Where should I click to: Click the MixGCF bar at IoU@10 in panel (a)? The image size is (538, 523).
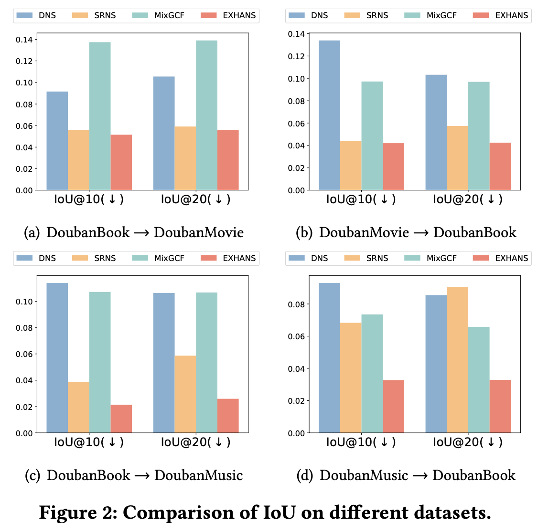coord(100,116)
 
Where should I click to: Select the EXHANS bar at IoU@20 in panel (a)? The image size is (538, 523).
coord(228,160)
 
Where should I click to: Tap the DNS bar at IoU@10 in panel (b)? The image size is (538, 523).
coord(329,115)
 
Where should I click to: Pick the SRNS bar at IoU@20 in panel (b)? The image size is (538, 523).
coord(457,158)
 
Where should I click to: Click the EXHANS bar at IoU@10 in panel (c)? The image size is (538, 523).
coord(121,419)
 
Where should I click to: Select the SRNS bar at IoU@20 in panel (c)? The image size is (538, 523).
coord(185,394)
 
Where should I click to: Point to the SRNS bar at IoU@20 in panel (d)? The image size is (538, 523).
coord(457,360)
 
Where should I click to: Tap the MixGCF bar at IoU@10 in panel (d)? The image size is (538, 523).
coord(372,374)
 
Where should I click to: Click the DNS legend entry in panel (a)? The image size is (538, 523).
coord(36,15)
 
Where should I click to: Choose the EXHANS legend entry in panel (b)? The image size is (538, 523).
coord(500,15)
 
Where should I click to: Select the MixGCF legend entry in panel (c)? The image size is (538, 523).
coord(158,258)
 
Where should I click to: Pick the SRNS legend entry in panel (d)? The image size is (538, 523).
coord(366,258)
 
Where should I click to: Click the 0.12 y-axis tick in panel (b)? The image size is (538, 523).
coord(296,56)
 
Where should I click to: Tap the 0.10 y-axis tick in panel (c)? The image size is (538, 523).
coord(24,302)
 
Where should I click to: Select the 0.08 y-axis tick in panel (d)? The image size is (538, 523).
coord(296,304)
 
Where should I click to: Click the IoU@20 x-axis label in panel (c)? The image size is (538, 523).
coord(195,442)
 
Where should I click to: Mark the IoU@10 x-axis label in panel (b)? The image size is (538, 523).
coord(361,199)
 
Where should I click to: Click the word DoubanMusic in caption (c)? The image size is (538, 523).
coord(198,475)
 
